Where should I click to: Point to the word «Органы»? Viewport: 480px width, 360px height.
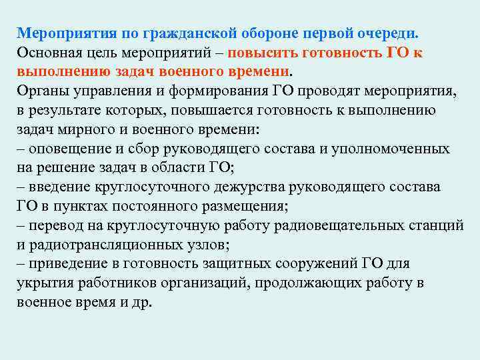[x=40, y=91]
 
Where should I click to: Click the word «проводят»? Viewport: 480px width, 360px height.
[x=312, y=91]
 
